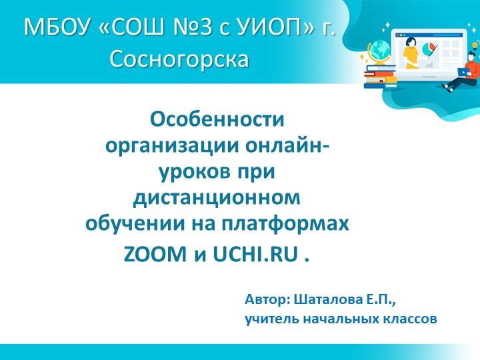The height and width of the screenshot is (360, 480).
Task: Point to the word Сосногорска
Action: tap(179, 59)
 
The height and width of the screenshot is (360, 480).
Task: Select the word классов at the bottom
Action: tap(410, 319)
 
